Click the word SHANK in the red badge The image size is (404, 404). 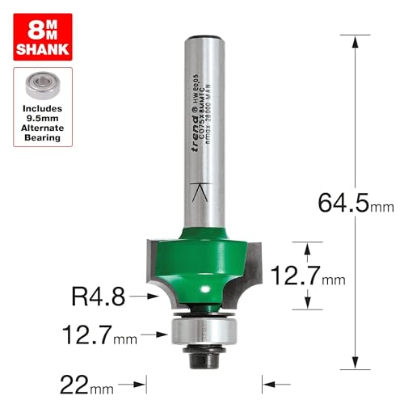42,48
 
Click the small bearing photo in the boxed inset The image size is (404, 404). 42,83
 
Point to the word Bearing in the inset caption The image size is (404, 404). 42,138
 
